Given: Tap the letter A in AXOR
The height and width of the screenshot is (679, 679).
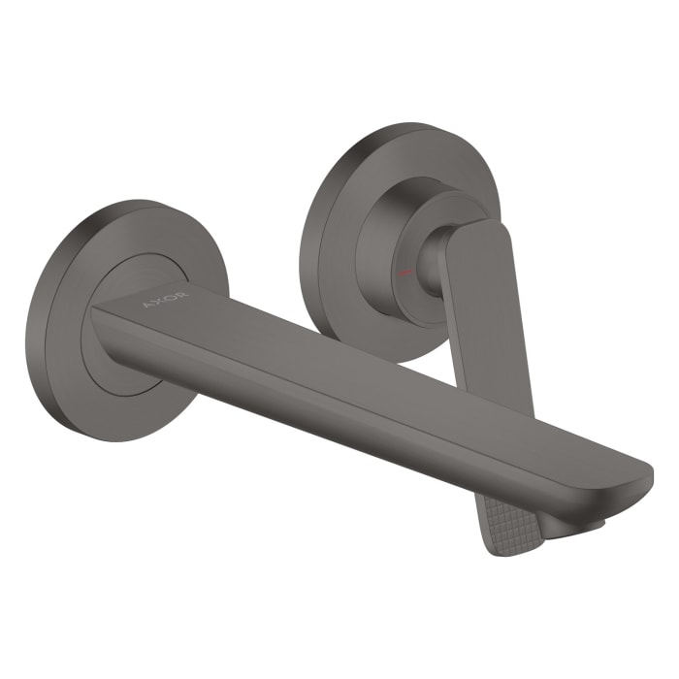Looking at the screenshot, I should click(x=147, y=304).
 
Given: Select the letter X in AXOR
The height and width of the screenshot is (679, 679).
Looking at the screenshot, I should click(x=159, y=300).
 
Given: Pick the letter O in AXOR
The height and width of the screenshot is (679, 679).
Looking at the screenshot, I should click(x=172, y=295).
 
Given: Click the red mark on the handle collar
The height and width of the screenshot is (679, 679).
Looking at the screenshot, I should click(x=408, y=264).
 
